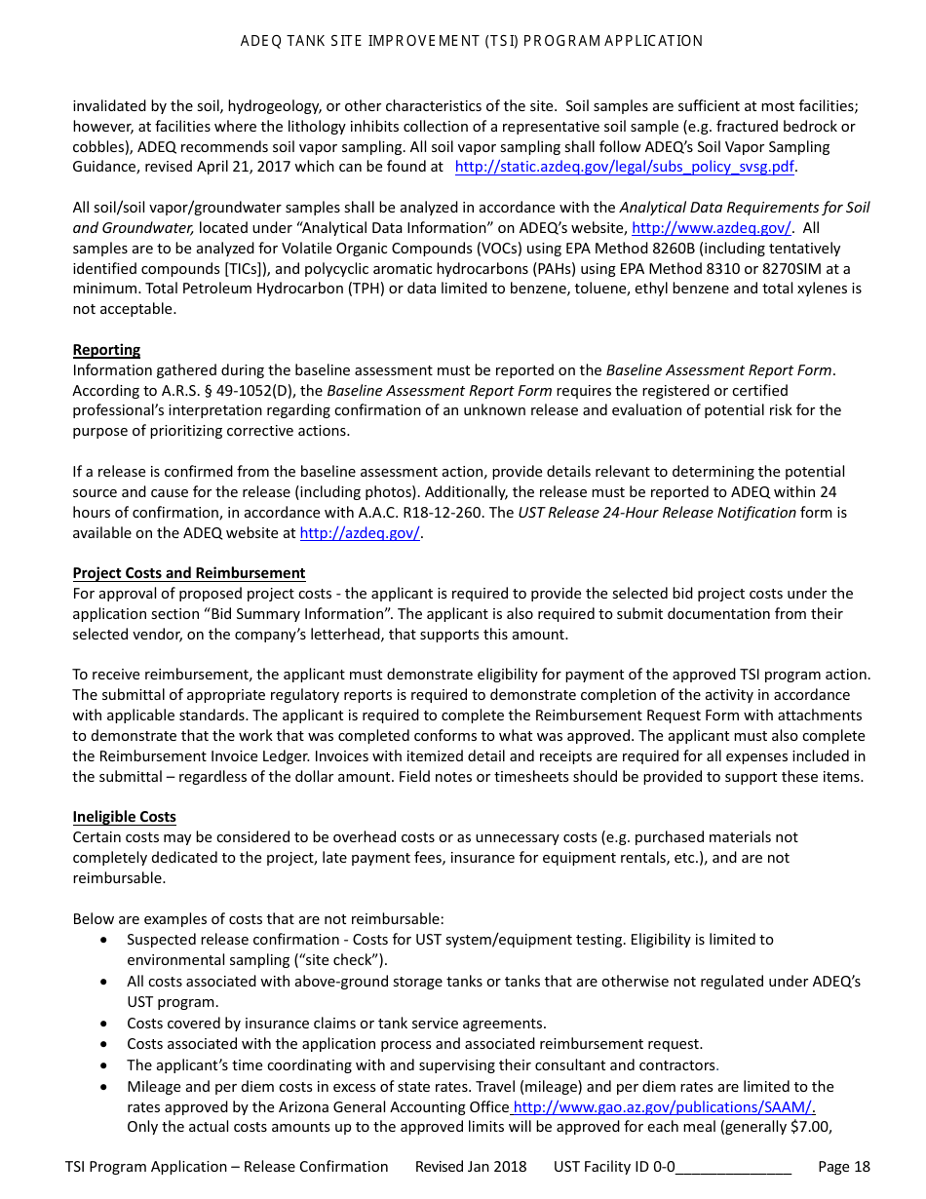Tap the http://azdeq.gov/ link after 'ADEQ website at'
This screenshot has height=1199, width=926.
tap(360, 533)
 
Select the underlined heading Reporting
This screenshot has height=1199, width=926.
tap(106, 350)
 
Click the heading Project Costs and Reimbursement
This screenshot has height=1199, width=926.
tap(189, 573)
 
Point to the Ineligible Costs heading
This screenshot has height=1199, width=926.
tap(124, 817)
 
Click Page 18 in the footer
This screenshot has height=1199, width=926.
tap(844, 1167)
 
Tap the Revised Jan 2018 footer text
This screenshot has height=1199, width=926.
tap(471, 1167)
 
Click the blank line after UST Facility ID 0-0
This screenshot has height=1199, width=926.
tap(733, 1167)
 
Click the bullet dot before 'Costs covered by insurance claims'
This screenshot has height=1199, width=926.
tap(104, 1024)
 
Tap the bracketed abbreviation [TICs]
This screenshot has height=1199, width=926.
tap(246, 269)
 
